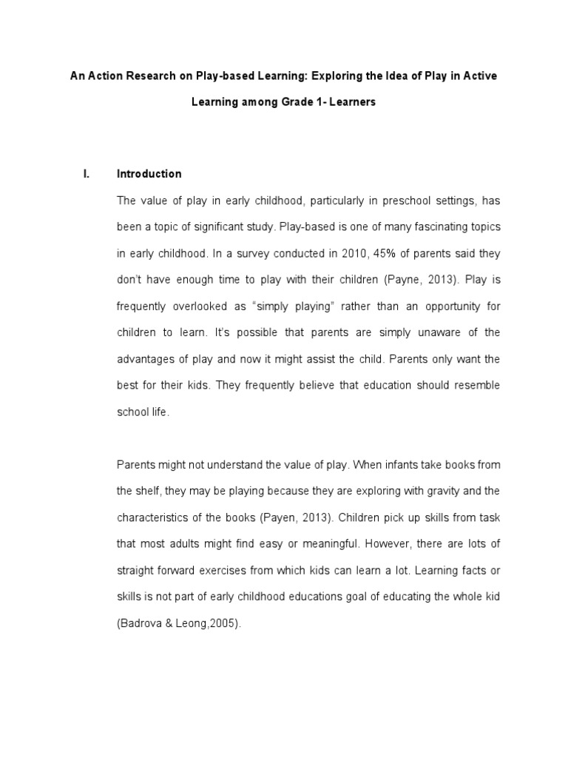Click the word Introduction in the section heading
click(149, 174)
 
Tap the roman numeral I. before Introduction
click(86, 174)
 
